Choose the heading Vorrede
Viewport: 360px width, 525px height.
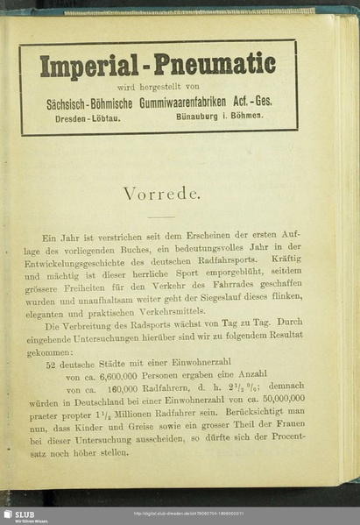pyautogui.click(x=160, y=194)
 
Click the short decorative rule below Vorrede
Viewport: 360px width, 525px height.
pyautogui.click(x=160, y=216)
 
